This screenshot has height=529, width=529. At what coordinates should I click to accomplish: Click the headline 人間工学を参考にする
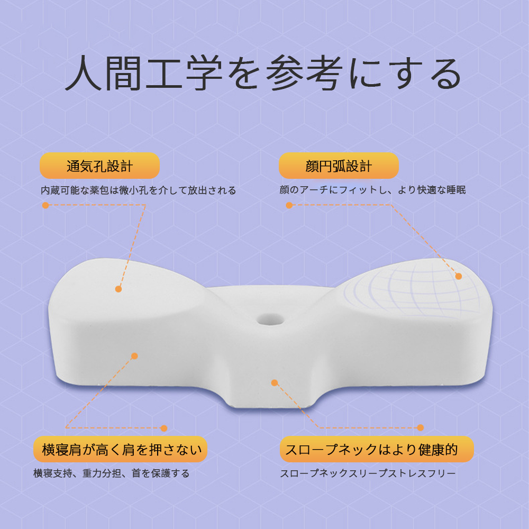tap(263, 73)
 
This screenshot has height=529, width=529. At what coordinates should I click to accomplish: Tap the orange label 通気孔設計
tap(99, 166)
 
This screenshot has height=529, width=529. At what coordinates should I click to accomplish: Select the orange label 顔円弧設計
tap(339, 166)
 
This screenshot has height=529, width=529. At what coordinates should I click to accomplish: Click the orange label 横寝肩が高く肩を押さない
tap(120, 449)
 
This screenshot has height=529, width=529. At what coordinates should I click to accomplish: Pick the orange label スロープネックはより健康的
tap(377, 449)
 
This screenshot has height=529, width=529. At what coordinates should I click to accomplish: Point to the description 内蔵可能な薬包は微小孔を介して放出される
tap(138, 190)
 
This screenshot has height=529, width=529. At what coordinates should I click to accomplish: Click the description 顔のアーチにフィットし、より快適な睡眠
tap(372, 190)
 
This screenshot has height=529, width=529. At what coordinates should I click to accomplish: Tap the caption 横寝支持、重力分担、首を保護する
tap(111, 473)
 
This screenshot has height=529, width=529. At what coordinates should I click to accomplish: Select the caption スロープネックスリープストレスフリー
tap(368, 473)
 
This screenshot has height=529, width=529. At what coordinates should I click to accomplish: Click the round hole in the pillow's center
tap(270, 319)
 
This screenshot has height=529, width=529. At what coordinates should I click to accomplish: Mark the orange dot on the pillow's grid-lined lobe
tap(459, 276)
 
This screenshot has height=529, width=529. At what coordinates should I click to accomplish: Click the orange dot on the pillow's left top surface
tap(118, 289)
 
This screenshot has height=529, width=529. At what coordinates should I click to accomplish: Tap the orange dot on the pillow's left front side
tap(134, 356)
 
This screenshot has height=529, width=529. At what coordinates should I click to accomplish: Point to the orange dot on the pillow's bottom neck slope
tap(275, 383)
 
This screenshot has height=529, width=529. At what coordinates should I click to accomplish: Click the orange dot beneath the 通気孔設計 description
tap(45, 205)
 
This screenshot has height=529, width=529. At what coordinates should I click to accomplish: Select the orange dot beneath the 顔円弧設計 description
tap(289, 205)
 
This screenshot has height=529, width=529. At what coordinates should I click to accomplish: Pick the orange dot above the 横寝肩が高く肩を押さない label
tap(164, 428)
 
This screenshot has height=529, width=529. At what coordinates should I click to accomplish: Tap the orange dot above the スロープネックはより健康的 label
tap(421, 428)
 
